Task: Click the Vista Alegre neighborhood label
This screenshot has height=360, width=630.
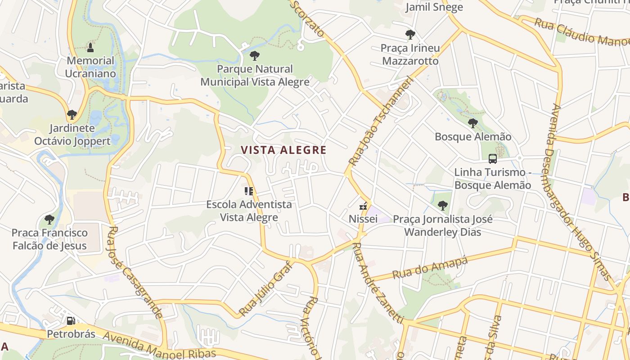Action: [x=283, y=150]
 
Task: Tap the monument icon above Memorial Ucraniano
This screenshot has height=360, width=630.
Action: [x=90, y=47]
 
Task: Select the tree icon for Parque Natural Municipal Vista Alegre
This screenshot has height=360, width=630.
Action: [x=254, y=56]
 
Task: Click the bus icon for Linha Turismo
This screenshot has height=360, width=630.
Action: [x=493, y=159]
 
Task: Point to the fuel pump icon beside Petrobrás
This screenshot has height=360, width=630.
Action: [x=71, y=321]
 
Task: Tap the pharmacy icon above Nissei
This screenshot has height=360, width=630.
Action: [x=363, y=207]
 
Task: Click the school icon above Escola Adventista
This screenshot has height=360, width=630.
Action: [x=249, y=191]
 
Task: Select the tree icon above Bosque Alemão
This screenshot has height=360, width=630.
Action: [x=472, y=123]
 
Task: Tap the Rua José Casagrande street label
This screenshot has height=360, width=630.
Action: [x=135, y=273]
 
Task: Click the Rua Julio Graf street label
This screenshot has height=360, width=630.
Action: [x=265, y=288]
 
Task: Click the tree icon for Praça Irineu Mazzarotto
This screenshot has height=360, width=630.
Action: [x=410, y=34]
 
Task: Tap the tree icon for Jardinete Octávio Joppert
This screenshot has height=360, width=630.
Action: [x=72, y=114]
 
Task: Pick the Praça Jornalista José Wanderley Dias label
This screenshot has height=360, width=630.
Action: [x=443, y=225]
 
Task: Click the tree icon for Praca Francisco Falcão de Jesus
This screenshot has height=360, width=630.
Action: [x=49, y=219]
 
